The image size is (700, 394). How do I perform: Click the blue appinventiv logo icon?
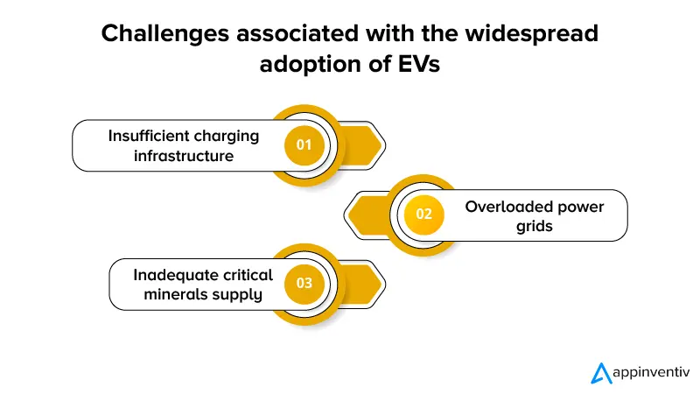pos(601,373)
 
